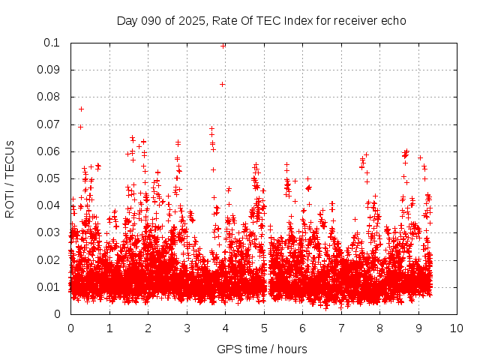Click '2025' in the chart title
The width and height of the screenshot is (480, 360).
[191, 20]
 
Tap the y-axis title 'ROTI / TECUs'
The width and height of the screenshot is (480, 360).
[10, 178]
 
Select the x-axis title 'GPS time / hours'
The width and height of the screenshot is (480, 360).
[262, 348]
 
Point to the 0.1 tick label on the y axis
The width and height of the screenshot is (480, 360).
[52, 43]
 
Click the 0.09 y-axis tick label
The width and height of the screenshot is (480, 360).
[49, 70]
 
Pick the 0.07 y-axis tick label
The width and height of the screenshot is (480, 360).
[49, 124]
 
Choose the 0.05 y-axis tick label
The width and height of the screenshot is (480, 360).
[49, 178]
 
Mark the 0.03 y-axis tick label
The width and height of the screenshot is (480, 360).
[49, 232]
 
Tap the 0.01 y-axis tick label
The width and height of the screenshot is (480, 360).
[49, 286]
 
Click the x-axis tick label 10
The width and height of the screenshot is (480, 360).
[457, 327]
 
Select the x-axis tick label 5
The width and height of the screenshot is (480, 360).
[264, 327]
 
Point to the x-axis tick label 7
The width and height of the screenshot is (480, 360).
[341, 327]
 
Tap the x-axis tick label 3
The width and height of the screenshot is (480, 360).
[187, 327]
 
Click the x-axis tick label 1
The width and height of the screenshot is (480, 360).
[109, 327]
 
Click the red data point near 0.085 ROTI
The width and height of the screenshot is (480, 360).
[222, 84]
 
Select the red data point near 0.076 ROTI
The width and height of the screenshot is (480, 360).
[81, 109]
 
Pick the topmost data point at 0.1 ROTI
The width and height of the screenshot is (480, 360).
[223, 45]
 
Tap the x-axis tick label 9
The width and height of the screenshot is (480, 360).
[418, 327]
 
